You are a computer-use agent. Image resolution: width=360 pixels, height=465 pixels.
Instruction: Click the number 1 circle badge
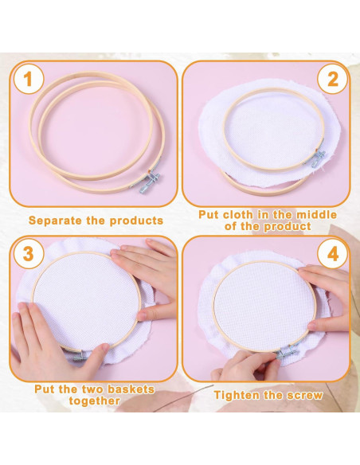click(29, 79)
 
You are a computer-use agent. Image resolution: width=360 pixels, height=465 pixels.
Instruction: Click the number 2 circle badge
click(331, 79)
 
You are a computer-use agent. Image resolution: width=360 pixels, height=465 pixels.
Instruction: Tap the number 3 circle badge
click(29, 254)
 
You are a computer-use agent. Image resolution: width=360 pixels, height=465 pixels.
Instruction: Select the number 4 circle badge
click(331, 254)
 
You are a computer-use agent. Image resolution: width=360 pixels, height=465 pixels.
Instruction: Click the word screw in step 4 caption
click(305, 395)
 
